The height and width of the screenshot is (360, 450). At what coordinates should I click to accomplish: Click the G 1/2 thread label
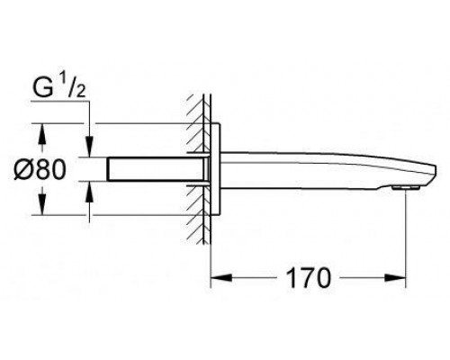(x=58, y=87)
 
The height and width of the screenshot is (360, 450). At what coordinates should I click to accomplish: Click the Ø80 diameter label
(x=40, y=169)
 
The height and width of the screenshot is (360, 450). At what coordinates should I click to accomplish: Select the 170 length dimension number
(x=308, y=277)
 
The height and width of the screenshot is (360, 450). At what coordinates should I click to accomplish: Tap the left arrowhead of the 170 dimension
(x=221, y=277)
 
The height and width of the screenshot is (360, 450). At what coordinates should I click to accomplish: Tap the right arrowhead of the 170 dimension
(x=395, y=277)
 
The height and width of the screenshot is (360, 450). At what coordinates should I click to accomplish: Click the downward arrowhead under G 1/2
(x=90, y=147)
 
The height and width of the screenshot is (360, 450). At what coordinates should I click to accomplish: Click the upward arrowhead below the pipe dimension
(x=90, y=192)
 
